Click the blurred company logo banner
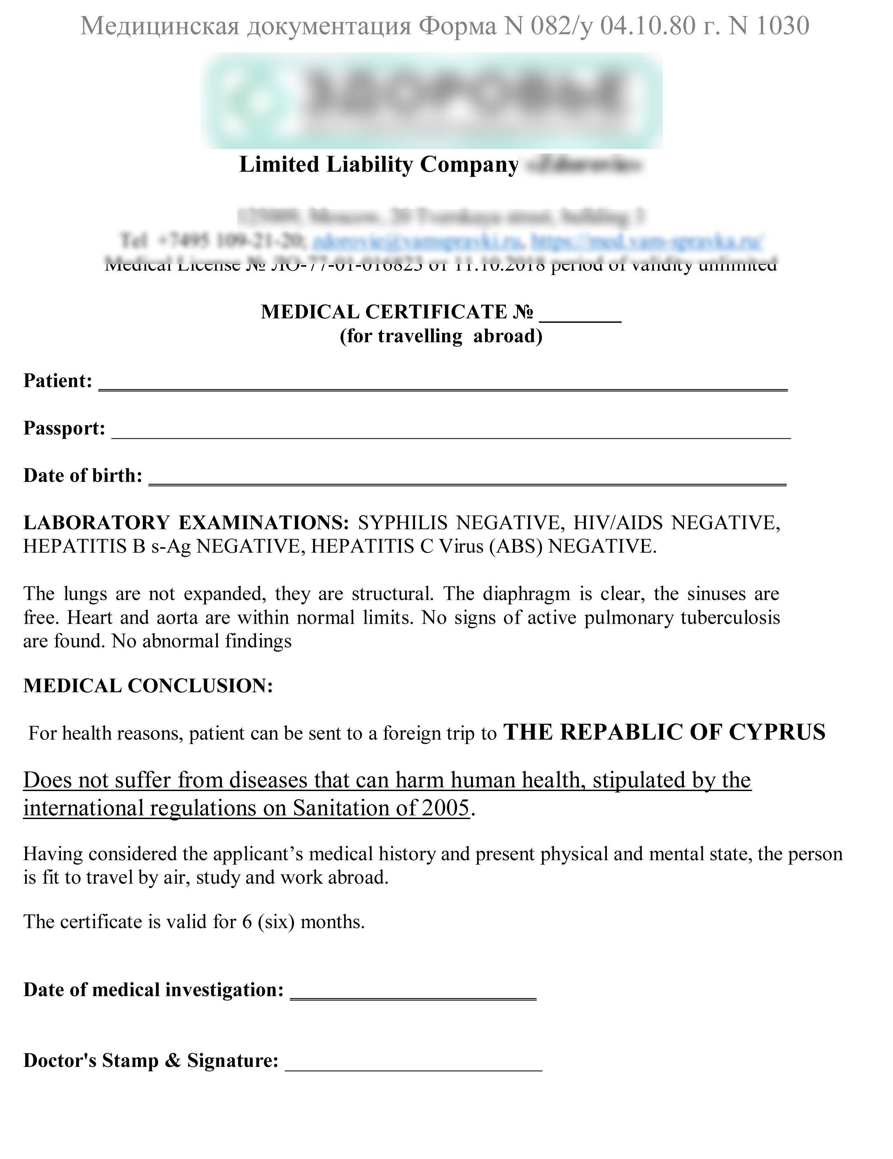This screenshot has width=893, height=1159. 433,101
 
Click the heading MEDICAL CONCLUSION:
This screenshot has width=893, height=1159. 148,686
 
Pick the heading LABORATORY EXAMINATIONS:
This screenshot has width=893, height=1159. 186,523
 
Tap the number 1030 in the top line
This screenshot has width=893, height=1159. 783,26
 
